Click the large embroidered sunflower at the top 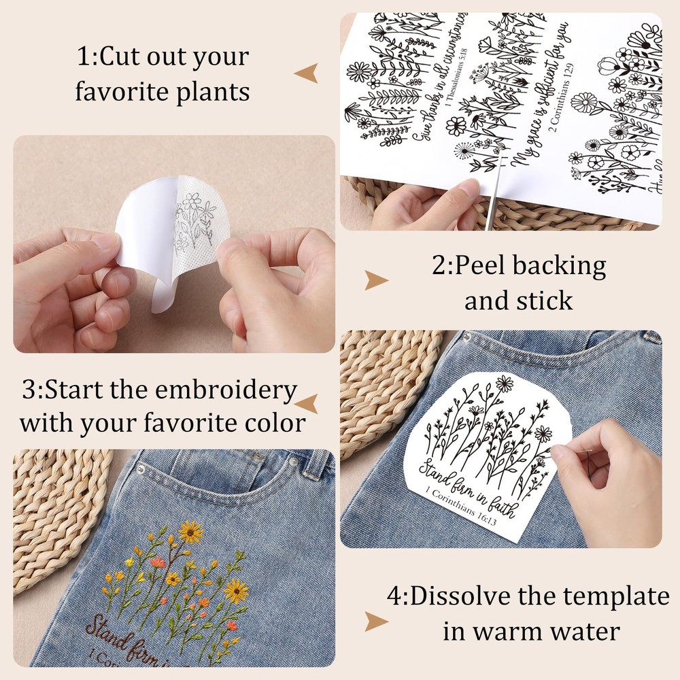click(191, 530)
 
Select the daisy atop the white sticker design click(504, 384)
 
